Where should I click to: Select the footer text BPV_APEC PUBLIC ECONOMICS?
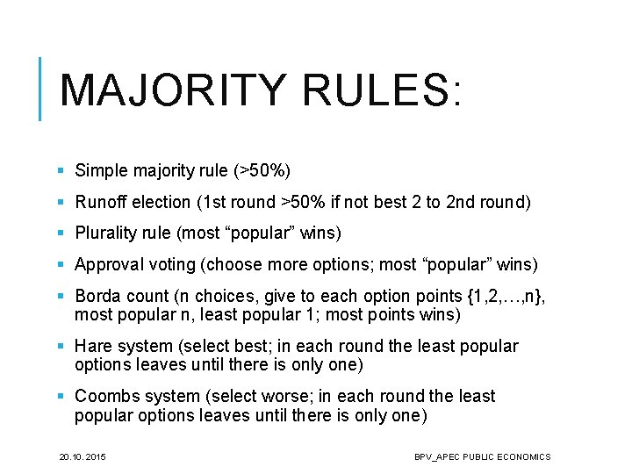point(483,456)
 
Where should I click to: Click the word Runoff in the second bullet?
point(101,202)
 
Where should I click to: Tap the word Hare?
point(93,346)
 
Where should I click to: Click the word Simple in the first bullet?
point(100,170)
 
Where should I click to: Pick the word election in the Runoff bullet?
point(160,202)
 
